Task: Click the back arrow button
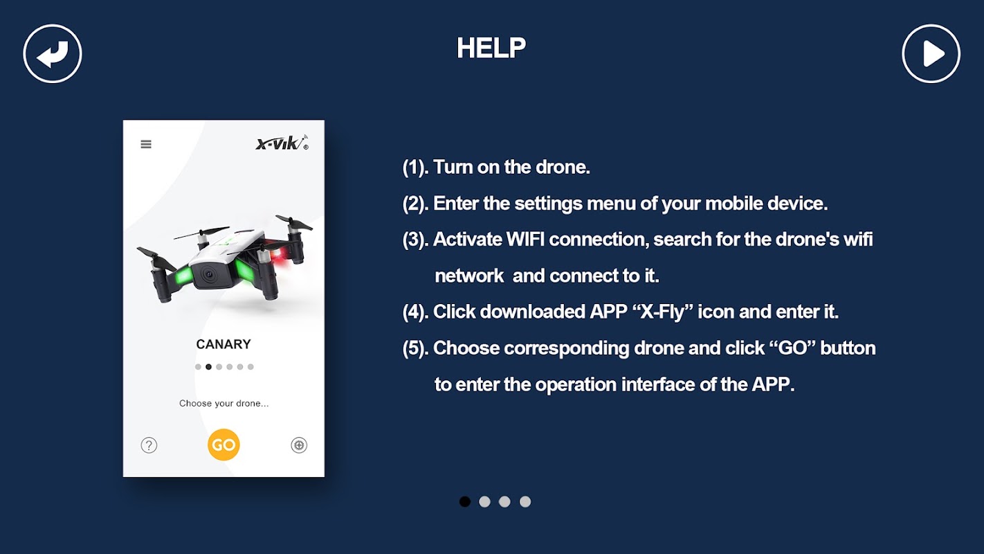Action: (x=53, y=53)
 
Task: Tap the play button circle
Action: (x=931, y=53)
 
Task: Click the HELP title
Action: (x=491, y=48)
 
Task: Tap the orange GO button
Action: (x=224, y=445)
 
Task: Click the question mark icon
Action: (x=149, y=445)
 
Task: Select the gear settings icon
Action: (x=299, y=445)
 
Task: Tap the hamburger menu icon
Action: (x=146, y=144)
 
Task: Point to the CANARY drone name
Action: (x=223, y=344)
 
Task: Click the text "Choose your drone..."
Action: (x=224, y=403)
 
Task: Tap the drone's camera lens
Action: (x=208, y=275)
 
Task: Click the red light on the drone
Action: (x=280, y=255)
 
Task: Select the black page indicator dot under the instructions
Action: (x=465, y=501)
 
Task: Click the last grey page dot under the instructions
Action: (x=525, y=501)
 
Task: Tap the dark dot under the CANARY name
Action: (x=209, y=367)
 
